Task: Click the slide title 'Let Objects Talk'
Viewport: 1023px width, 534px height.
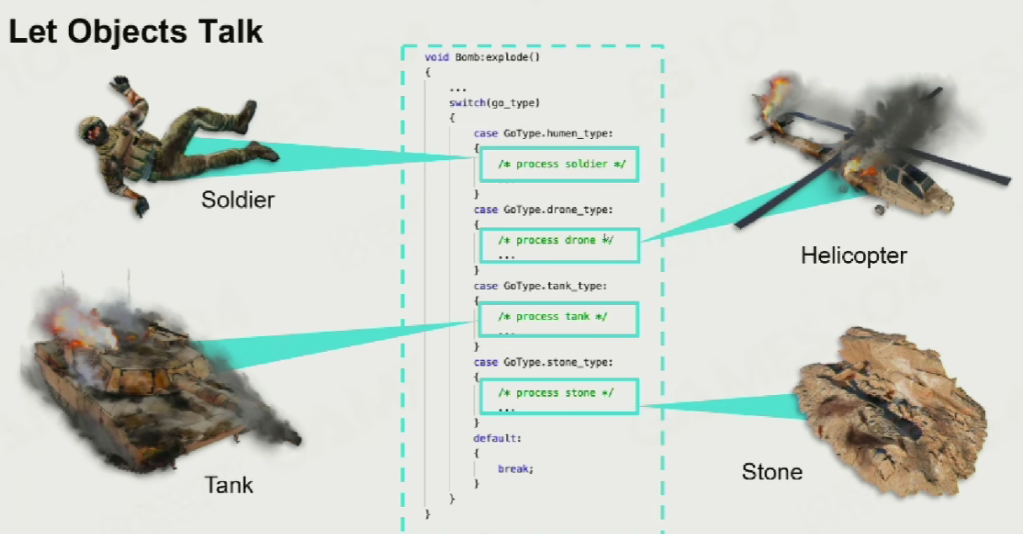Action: (136, 31)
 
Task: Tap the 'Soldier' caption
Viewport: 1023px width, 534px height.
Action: (238, 200)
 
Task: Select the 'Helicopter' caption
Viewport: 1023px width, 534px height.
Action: (854, 255)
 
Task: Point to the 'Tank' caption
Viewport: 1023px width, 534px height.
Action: (228, 484)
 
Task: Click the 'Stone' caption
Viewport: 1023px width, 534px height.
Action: (772, 472)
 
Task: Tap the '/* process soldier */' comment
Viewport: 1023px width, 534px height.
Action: (562, 164)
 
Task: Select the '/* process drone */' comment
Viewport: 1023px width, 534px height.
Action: (556, 240)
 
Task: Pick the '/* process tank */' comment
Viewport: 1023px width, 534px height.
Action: (552, 317)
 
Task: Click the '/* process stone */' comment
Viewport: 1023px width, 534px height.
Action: (556, 392)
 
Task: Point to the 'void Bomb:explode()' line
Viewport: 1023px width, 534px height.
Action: (482, 57)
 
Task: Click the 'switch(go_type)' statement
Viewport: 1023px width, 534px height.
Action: (494, 103)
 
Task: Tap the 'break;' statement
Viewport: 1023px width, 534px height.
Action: (515, 468)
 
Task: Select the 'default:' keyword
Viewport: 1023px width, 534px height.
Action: (498, 439)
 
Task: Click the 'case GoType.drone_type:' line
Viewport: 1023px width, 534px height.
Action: (543, 210)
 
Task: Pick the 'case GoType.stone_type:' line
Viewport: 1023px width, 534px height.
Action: (543, 362)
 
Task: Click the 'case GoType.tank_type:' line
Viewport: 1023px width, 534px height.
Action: (541, 286)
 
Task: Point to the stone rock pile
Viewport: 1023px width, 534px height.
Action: (891, 411)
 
